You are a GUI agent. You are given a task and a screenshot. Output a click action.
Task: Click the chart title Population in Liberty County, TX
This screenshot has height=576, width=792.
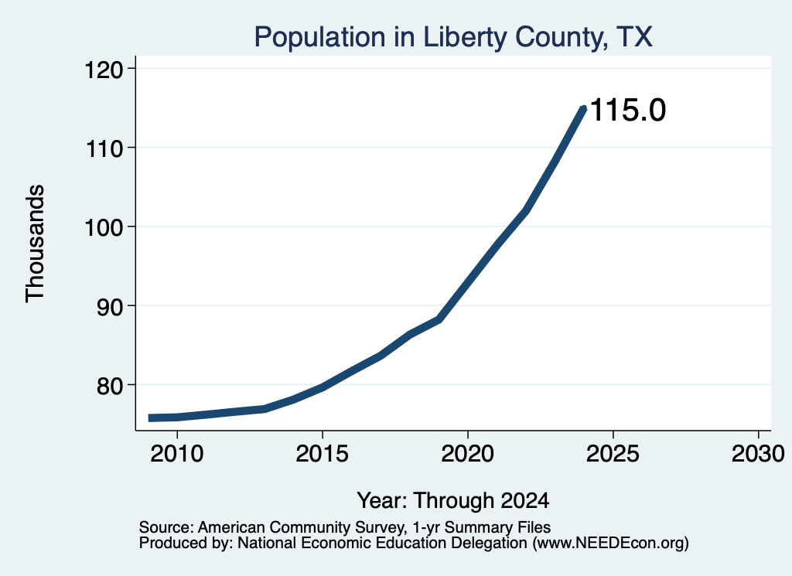pos(453,37)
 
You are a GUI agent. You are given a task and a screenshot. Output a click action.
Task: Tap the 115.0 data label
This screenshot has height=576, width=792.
pos(628,110)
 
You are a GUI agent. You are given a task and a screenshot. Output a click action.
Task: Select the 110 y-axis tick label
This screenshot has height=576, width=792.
pos(104,148)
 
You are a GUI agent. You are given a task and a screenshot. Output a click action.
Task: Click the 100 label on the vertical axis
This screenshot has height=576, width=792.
pos(104,227)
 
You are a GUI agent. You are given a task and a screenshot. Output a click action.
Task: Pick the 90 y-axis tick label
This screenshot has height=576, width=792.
pos(111,307)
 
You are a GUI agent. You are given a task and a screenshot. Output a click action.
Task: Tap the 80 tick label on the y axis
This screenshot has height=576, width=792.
pos(111,386)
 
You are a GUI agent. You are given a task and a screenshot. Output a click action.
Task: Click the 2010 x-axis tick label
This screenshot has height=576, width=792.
pos(177,454)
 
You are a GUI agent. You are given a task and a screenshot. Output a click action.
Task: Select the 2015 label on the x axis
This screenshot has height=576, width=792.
pos(323,454)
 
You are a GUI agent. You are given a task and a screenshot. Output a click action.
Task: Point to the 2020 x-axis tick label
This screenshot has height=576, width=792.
pos(468,454)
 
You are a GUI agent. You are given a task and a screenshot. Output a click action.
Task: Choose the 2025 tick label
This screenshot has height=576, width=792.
pos(613,454)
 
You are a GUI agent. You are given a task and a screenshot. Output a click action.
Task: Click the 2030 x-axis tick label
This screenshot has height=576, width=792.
pos(758,454)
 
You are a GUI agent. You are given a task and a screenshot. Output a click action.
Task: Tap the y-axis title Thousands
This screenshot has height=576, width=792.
pos(36,244)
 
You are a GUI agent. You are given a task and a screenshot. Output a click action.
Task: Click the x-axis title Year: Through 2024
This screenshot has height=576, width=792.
pos(453,501)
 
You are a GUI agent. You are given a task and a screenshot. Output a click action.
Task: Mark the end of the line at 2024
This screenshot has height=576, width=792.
pos(584,108)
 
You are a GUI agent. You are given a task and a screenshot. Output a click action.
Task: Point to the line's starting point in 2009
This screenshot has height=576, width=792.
pos(149,418)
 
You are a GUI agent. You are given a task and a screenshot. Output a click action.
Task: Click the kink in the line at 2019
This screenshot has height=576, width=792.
pos(439,319)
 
